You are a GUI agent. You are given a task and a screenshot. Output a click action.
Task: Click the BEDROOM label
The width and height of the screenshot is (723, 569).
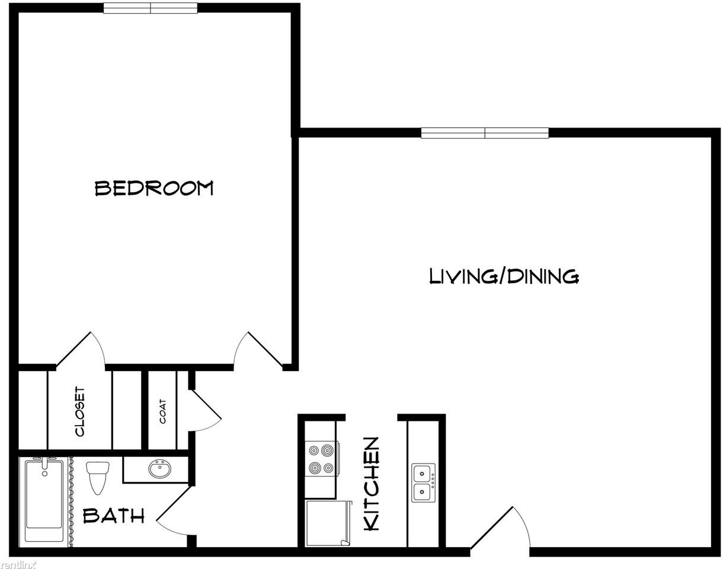[154, 188]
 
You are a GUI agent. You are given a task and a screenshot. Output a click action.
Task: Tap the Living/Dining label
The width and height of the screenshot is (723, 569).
[504, 276]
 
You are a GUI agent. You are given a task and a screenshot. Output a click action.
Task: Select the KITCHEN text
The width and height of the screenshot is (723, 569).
[372, 484]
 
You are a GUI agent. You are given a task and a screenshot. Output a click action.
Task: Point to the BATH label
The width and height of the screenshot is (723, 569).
[114, 516]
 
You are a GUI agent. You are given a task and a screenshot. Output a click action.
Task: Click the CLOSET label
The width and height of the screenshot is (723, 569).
[80, 412]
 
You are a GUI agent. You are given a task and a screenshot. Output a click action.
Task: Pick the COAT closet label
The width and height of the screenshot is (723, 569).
[163, 411]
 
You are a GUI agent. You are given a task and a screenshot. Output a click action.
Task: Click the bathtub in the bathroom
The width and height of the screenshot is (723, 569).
[44, 501]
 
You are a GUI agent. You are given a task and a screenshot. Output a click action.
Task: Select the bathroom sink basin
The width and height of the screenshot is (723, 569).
[159, 469]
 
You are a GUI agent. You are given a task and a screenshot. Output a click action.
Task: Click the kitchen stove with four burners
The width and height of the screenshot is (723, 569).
[321, 459]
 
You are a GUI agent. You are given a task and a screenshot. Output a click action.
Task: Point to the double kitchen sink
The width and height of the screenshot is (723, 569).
[423, 482]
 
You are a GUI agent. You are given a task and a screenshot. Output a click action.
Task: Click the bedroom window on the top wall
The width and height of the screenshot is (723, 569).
[151, 8]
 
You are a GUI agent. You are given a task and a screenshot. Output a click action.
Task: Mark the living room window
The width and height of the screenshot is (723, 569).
[485, 133]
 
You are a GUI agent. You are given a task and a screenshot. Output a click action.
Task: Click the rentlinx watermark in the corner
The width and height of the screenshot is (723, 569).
[18, 564]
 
